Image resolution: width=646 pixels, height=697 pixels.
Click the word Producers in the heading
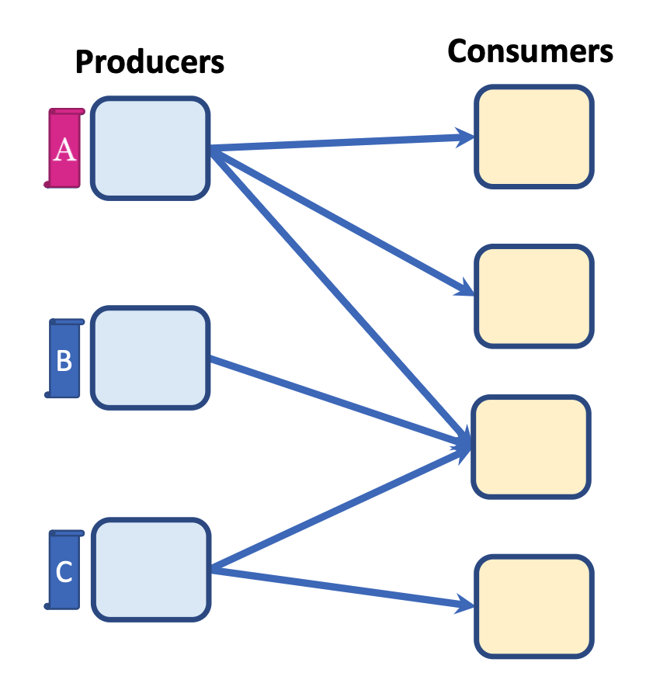pos(149,62)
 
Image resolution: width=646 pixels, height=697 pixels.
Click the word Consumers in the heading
pos(530,51)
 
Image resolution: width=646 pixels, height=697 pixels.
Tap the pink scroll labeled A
pos(64,148)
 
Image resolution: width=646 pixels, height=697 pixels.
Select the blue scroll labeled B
pos(64,359)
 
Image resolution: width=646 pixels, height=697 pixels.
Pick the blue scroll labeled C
pos(64,570)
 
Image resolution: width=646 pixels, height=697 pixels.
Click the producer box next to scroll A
pos(151,148)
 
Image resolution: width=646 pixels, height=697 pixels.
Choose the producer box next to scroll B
pos(151,358)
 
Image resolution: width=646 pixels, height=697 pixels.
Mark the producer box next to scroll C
pos(151,570)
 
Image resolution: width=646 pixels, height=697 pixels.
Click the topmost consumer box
pos(534,137)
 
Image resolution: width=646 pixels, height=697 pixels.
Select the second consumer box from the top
pos(534,296)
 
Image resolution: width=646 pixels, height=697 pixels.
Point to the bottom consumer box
pos(534,606)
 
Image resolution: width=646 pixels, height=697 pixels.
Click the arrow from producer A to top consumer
pos(342,143)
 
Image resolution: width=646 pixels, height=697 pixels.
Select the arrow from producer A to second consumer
pos(342,221)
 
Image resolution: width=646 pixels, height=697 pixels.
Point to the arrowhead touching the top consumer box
pos(467,138)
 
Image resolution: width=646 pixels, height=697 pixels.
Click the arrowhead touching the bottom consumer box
pos(467,603)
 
